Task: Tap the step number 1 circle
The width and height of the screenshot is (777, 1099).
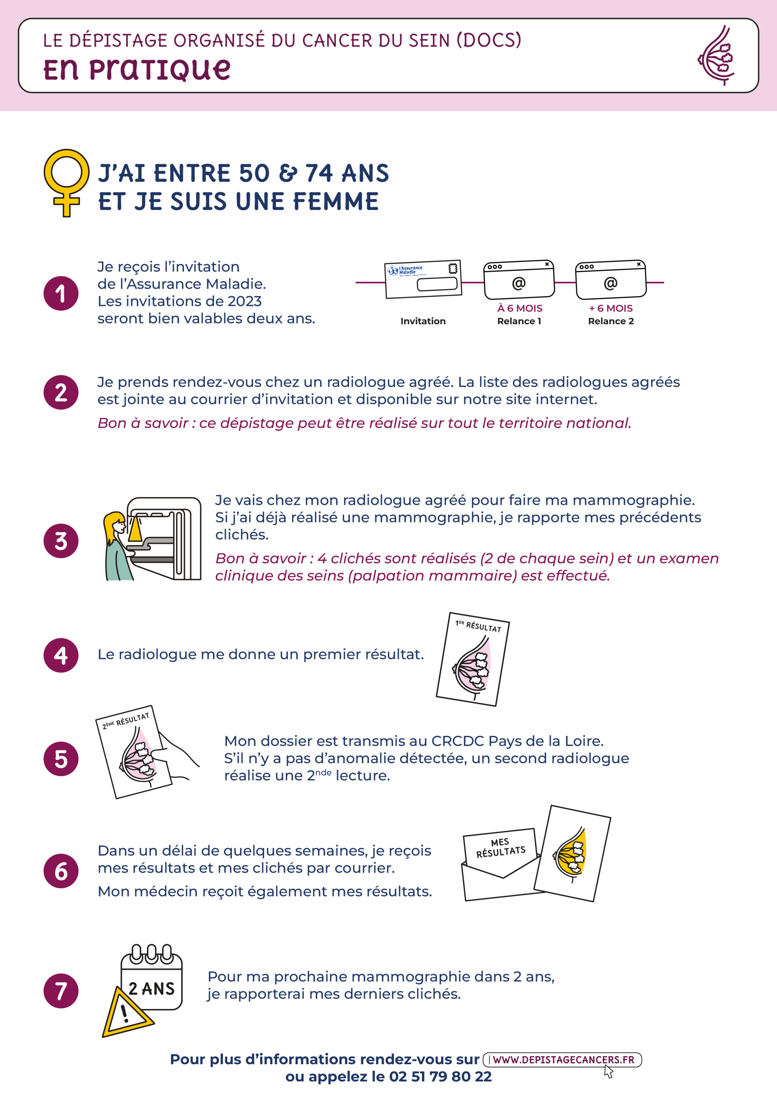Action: [x=61, y=293]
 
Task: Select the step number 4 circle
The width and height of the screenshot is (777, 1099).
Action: [x=61, y=655]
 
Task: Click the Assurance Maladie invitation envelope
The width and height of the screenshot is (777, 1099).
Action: [x=423, y=279]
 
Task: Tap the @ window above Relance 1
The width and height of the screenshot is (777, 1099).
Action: [x=519, y=280]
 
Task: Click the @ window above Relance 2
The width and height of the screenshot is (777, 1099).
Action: [x=611, y=280]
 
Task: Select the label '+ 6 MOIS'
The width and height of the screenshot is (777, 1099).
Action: [x=611, y=308]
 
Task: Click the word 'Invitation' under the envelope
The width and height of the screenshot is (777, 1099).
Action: [x=423, y=321]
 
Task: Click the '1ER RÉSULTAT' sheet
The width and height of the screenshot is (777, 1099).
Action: [x=473, y=659]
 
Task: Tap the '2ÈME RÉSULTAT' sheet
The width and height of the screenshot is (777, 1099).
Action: [x=134, y=752]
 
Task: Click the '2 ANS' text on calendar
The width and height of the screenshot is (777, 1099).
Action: [x=151, y=988]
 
